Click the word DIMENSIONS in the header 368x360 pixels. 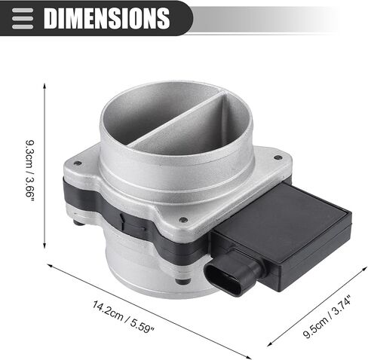(106, 18)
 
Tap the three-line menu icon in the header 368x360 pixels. (23, 19)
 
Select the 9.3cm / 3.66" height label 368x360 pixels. (30, 171)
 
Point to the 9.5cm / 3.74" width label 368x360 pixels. (327, 317)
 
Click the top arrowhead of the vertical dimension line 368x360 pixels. (44, 86)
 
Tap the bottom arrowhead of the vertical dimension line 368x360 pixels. (44, 246)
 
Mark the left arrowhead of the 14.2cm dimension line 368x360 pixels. (50, 264)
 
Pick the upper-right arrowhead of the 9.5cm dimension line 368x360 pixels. (364, 269)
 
